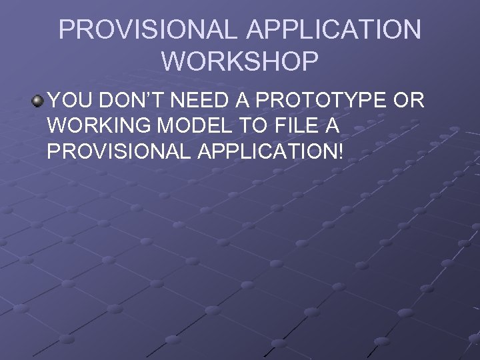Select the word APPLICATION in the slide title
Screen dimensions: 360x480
pos(333,30)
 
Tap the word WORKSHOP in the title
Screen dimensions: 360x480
pos(240,62)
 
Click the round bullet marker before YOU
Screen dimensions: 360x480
pos(37,101)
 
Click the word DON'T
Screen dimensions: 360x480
pos(133,101)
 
